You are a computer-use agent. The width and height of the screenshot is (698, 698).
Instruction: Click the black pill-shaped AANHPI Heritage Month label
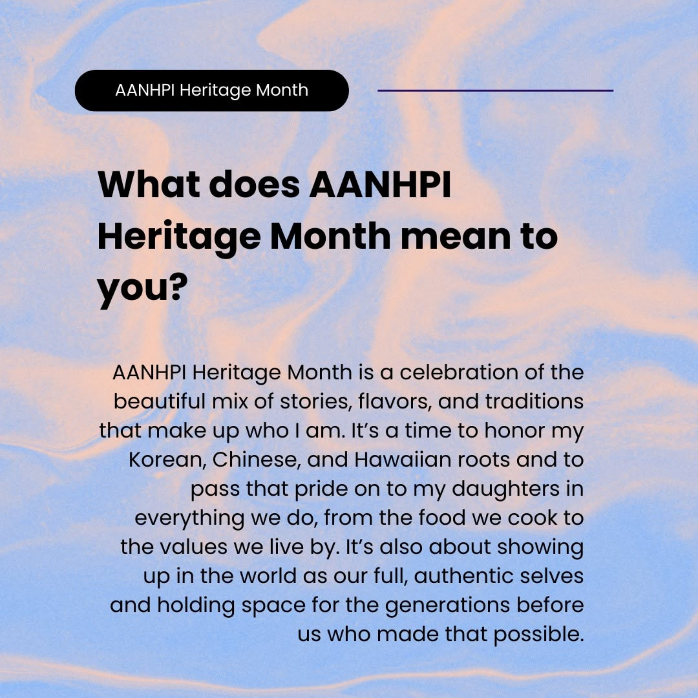pyautogui.click(x=212, y=90)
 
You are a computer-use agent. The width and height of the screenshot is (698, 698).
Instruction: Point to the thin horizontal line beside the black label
pyautogui.click(x=495, y=90)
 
